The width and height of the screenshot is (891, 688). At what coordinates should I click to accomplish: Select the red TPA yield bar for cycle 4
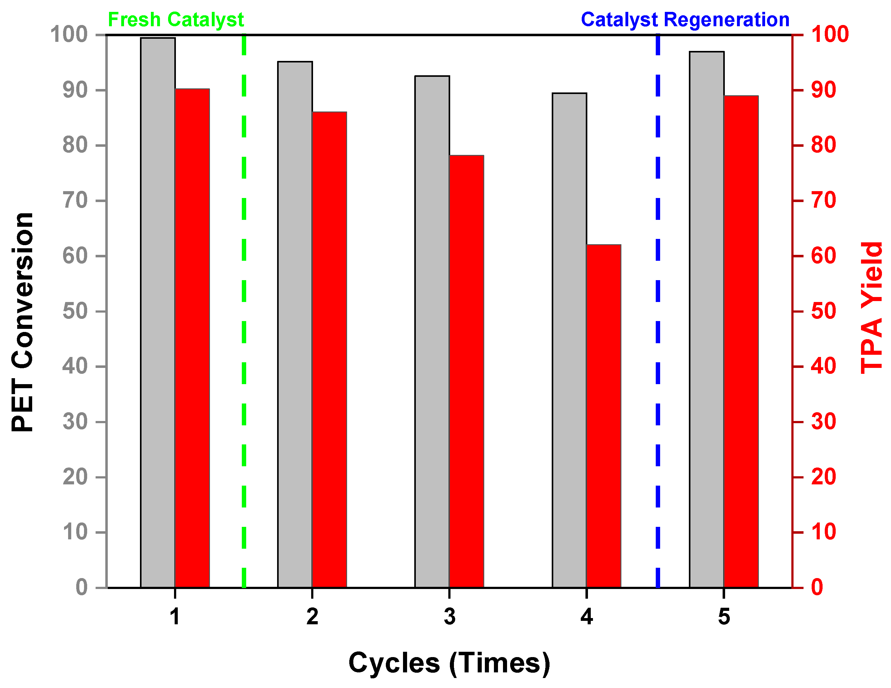(x=604, y=416)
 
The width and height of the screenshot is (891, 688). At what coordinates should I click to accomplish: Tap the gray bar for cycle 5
(x=707, y=319)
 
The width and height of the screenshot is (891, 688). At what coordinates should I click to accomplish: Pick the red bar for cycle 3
(x=466, y=371)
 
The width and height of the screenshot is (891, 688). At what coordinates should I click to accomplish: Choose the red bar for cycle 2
(x=329, y=349)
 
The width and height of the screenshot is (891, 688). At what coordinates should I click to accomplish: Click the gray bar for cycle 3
(x=432, y=332)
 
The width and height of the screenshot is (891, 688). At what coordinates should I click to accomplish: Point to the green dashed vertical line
(x=244, y=285)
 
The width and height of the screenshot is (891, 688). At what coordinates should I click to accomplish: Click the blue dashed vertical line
(x=658, y=285)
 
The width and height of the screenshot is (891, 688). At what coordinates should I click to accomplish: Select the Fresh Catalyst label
(x=176, y=20)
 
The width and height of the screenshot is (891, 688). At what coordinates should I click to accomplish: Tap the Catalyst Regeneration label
(x=685, y=20)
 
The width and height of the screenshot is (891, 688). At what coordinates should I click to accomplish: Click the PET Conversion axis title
(x=22, y=322)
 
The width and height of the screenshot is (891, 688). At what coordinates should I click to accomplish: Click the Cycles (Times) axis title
(x=449, y=663)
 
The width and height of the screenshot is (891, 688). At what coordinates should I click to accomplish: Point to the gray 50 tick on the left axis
(x=75, y=311)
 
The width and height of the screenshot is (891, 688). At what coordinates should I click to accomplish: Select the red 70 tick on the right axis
(x=823, y=200)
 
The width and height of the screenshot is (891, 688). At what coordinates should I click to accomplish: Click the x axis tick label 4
(x=586, y=616)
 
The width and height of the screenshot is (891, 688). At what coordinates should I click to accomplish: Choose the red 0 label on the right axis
(x=817, y=587)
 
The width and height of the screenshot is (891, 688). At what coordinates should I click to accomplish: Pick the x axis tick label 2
(x=312, y=616)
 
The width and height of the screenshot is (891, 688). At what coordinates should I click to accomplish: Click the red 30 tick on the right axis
(x=823, y=422)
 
